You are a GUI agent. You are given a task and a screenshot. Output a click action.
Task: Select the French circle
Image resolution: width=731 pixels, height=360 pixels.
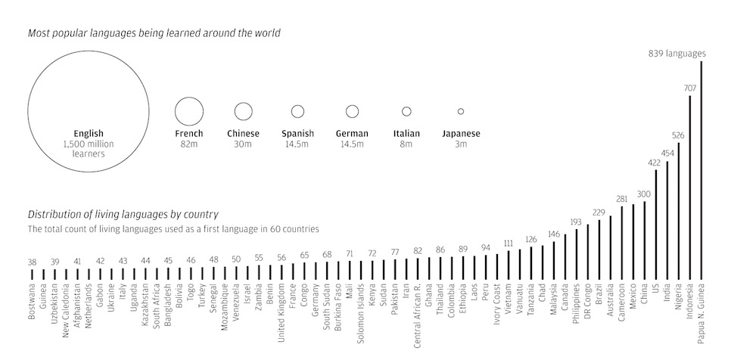(189, 111)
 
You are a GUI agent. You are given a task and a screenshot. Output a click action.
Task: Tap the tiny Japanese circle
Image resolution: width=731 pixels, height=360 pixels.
(461, 111)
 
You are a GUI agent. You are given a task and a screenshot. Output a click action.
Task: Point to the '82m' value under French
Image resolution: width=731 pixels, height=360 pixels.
(189, 144)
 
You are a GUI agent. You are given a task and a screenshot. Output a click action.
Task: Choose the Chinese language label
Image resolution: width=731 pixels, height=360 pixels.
(243, 134)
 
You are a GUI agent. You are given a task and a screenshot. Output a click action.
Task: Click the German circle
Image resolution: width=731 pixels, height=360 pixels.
(352, 111)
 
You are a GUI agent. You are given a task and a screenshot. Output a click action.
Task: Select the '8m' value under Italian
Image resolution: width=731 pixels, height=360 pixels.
(406, 144)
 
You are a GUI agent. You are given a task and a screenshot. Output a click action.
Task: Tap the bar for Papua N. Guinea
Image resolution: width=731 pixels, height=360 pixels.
(701, 170)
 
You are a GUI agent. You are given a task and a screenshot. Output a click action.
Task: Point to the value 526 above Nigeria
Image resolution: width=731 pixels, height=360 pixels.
(678, 136)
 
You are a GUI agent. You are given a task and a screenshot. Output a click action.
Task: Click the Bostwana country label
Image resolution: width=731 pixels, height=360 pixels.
(32, 301)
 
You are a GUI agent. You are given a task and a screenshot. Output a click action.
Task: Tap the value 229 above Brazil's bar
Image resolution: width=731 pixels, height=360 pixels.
(599, 213)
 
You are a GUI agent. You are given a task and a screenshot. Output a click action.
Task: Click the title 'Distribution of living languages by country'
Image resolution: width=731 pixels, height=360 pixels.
(123, 214)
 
